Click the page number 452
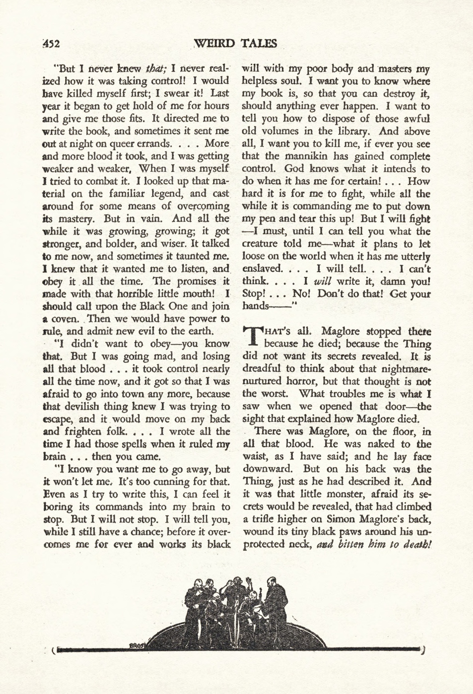coord(52,44)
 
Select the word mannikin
coord(306,156)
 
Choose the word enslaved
coord(262,269)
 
